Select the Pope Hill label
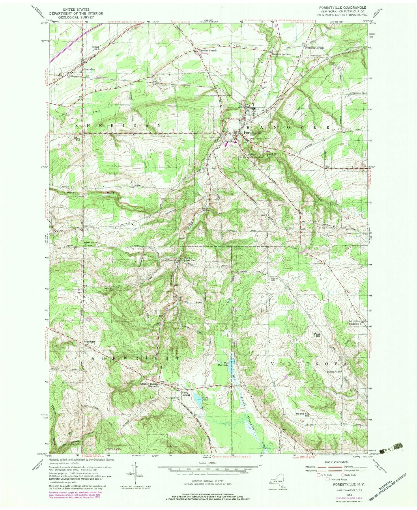point(317,335)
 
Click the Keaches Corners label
point(281,54)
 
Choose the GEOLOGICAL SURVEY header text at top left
point(69,17)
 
